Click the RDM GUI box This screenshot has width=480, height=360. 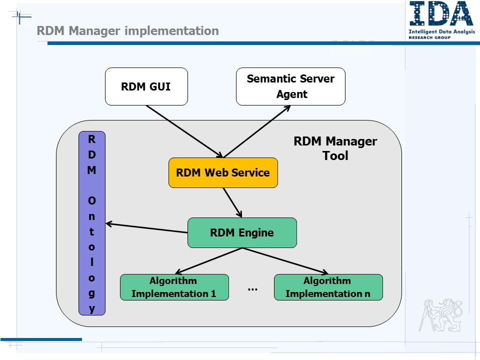146,86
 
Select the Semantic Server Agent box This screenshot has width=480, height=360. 290,86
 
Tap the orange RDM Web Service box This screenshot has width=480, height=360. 223,172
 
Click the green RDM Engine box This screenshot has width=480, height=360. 242,232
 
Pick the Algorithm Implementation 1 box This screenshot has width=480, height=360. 174,287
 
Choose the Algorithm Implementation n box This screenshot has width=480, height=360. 328,287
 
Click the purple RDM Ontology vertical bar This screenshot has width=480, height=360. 92,223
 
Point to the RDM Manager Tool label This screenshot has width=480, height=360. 335,148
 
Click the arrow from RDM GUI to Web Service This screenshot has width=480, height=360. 184,131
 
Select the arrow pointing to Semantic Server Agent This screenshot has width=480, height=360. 257,131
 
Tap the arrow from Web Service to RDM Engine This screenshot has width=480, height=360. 232,202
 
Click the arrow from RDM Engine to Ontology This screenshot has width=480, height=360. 146,228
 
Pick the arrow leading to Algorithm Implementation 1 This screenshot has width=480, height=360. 208,261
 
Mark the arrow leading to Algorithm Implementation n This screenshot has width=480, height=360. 285,261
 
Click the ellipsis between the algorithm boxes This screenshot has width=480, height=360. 252,289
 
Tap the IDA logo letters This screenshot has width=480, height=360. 441,14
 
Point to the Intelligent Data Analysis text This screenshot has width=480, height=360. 441,31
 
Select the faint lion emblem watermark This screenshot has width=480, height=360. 440,315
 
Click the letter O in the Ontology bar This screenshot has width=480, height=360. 92,201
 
